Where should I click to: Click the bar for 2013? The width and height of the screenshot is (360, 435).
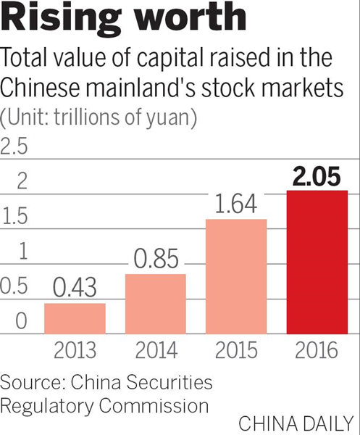(x=75, y=318)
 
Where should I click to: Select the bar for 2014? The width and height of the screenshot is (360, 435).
(x=155, y=304)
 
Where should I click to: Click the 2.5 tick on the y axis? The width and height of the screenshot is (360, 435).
(x=14, y=147)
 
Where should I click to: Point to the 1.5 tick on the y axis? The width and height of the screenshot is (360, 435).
(x=14, y=217)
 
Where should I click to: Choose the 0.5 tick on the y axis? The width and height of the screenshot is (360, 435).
(x=14, y=286)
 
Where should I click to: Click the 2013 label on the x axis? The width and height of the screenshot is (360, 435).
(x=75, y=351)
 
